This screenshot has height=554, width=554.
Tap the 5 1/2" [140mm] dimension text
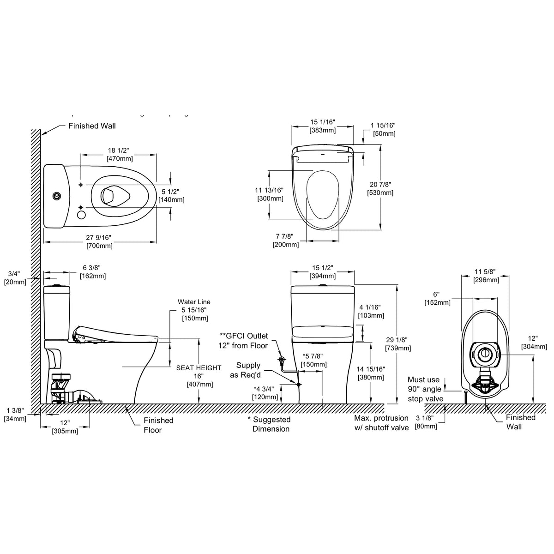pos(171,195)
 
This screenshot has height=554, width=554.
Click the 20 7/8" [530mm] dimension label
pos(380,188)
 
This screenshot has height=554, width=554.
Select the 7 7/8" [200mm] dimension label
pos(286,240)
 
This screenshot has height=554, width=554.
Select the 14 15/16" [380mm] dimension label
pos(371,373)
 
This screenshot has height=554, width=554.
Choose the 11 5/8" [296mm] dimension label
pos(486,276)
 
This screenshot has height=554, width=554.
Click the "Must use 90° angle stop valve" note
pos(425,389)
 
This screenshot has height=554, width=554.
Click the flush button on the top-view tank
pos(56,195)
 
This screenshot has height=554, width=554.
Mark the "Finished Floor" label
pos(158,425)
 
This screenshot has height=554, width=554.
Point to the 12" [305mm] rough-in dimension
pos(65,427)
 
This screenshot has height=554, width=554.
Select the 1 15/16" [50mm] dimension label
pos(383,129)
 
